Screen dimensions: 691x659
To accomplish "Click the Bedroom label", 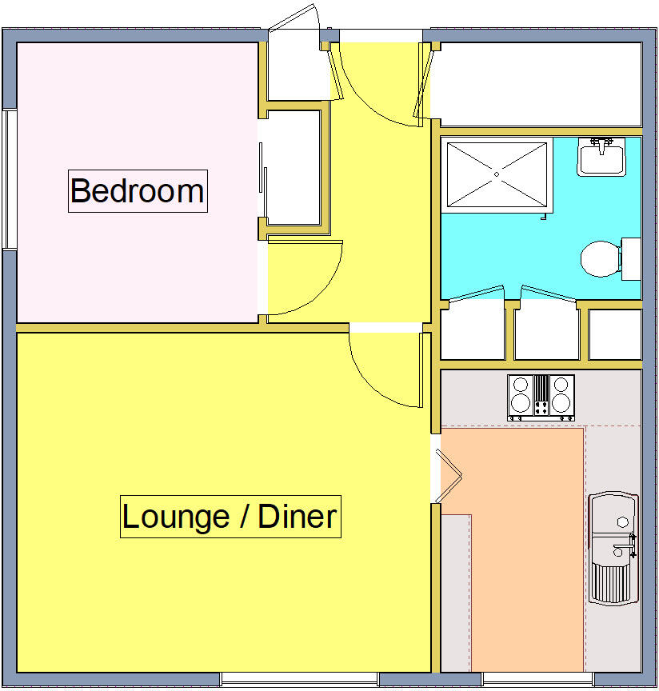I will tap(138, 191).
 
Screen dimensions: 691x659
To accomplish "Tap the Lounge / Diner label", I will tap(230, 517).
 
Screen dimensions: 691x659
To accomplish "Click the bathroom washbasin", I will tap(601, 157).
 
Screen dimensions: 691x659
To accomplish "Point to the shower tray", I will tap(496, 174).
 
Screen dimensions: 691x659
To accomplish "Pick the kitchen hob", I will tap(541, 397).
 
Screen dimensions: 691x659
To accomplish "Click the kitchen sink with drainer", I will tap(613, 548).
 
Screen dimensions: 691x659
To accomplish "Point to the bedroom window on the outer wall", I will tap(10, 179).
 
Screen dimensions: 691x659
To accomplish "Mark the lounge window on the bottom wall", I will tap(299, 679).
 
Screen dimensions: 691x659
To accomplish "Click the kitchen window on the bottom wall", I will tap(537, 679).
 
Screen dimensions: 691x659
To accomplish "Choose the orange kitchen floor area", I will tap(520, 544).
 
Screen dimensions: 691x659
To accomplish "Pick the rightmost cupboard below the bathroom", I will tap(615, 334).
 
